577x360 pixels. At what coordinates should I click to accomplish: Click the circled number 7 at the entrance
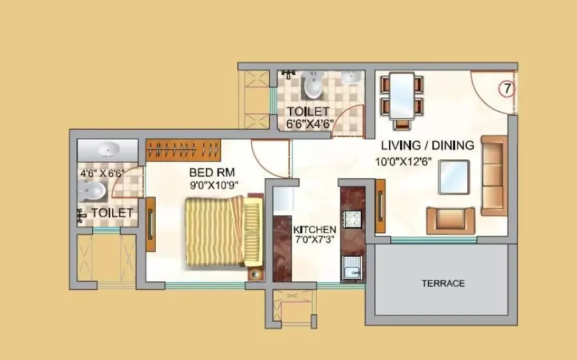tap(506, 88)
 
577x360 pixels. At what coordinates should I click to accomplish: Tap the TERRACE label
tap(442, 283)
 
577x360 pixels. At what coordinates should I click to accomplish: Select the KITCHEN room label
tap(315, 229)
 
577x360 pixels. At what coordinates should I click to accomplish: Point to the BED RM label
tap(212, 172)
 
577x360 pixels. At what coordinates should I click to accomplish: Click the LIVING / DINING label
tap(428, 145)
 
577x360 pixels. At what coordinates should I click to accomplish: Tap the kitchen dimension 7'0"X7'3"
tap(315, 240)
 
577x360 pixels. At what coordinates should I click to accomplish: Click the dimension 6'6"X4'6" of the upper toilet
tap(309, 124)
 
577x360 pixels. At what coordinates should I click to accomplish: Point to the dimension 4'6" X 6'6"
tap(101, 173)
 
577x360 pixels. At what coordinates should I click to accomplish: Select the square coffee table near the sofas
tap(454, 176)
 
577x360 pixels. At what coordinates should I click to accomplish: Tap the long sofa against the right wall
tap(494, 174)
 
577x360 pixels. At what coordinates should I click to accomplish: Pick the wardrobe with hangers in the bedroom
tap(183, 149)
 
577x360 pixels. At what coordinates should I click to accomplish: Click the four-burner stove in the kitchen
tap(352, 218)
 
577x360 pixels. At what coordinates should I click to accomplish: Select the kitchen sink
tap(351, 269)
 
